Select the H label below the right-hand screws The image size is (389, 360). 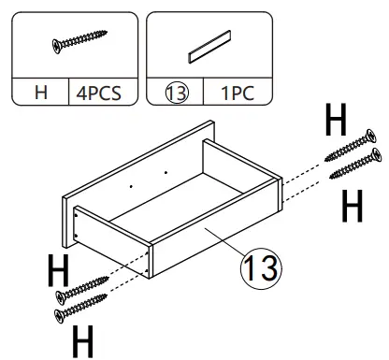click(x=353, y=207)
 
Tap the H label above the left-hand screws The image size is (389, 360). click(x=59, y=272)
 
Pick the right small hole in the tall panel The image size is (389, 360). click(x=166, y=172)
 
